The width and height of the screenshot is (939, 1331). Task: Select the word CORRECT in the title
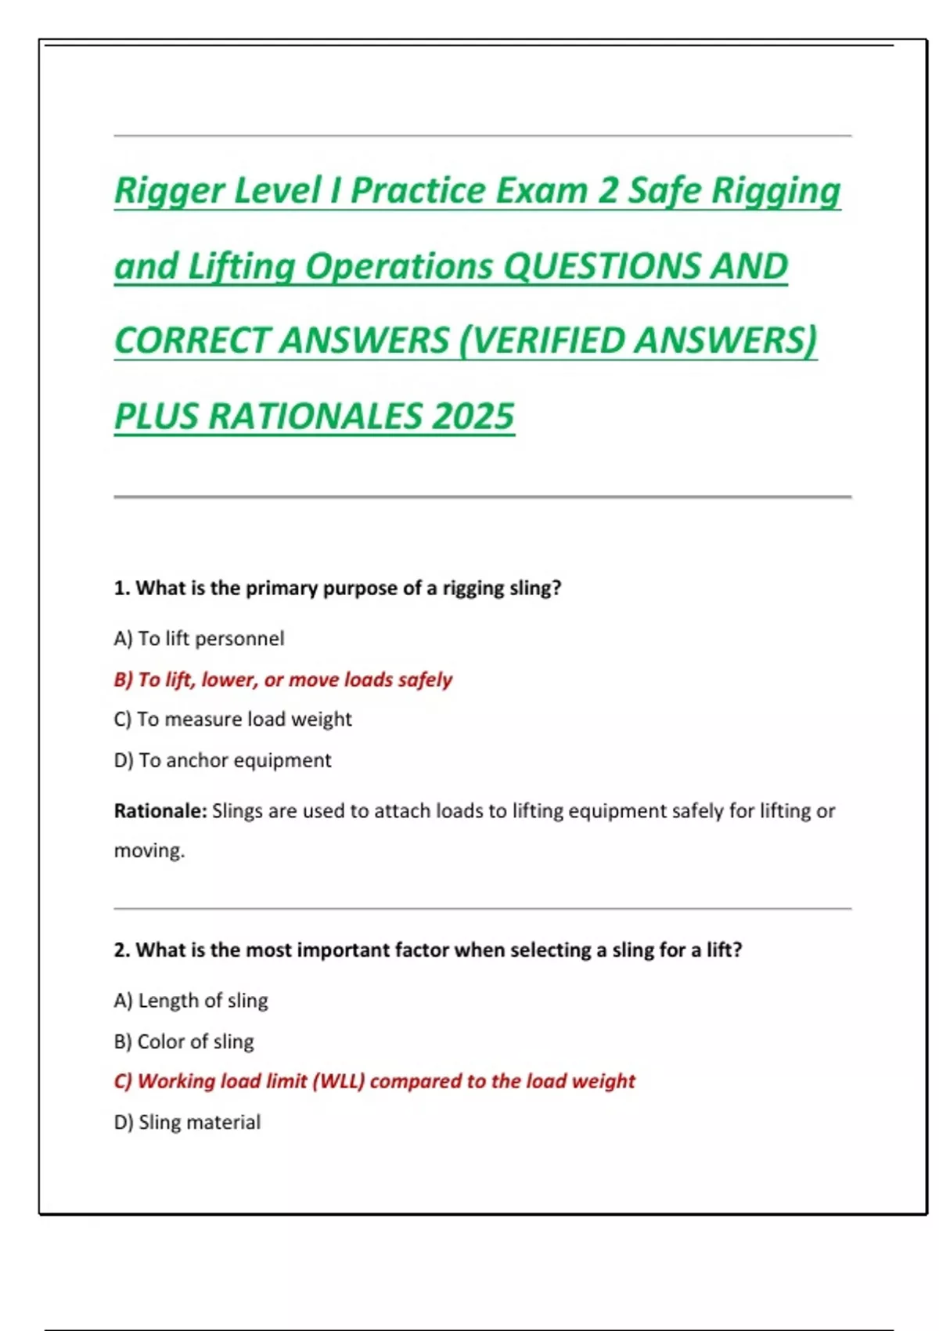coord(191,341)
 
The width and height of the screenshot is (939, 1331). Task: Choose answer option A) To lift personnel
coord(199,639)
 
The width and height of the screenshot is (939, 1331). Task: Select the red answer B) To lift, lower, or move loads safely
coord(282,680)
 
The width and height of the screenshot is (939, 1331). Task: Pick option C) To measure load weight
coord(232,720)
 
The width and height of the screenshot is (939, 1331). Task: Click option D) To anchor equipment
coord(222,760)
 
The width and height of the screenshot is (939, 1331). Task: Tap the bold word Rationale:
coord(160,811)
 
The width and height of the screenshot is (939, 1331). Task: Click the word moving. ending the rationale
coord(149,850)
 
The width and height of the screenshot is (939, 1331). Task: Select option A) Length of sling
coord(191,1001)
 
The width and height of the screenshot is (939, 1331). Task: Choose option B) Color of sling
coord(184,1041)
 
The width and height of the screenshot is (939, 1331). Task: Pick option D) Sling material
coord(187,1122)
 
